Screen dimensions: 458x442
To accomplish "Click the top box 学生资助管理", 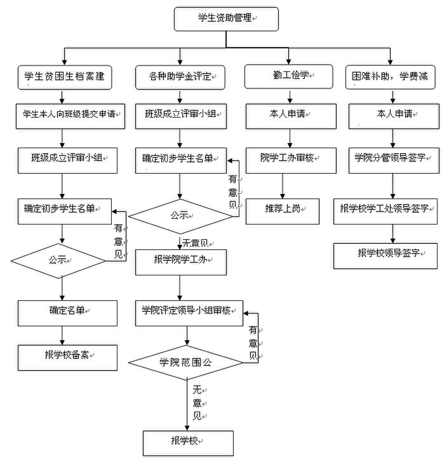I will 226,19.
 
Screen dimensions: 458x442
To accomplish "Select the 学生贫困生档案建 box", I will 65,77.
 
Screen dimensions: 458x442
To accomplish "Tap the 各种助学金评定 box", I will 180,77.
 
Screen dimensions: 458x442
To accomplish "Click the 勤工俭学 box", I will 288,76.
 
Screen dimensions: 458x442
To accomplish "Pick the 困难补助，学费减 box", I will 390,77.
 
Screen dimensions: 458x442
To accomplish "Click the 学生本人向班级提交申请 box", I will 70,116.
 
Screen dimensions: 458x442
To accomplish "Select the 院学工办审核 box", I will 291,160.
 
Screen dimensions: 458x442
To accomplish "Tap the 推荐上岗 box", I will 282,211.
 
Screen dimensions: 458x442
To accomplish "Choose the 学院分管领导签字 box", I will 394,160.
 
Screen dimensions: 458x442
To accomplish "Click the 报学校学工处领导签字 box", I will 385,211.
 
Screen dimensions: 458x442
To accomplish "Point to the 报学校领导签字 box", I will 385,256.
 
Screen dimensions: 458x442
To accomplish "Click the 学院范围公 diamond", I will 186,363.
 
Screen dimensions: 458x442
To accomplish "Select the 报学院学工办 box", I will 181,262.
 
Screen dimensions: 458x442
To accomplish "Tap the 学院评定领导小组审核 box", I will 189,313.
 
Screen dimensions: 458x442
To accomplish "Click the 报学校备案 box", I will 67,357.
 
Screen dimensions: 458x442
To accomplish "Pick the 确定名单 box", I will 67,313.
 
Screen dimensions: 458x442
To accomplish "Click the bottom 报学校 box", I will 188,443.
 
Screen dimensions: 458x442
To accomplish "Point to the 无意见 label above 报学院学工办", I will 196,243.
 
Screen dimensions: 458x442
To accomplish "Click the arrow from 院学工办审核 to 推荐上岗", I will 282,186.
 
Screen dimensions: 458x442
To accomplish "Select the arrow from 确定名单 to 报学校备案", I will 62,336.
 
